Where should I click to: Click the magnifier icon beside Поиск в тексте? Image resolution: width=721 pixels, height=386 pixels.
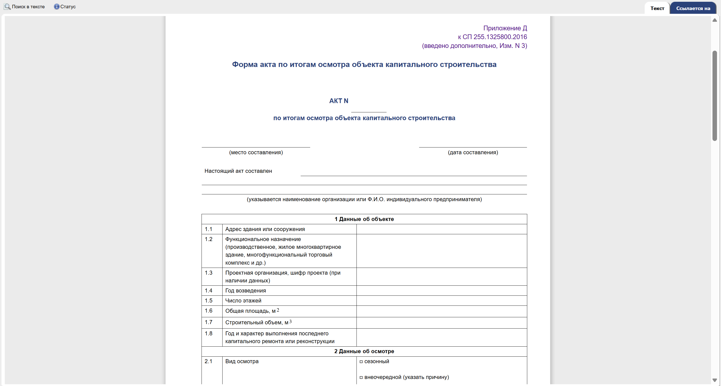click(x=7, y=7)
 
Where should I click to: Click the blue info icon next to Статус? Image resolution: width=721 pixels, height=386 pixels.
click(x=57, y=7)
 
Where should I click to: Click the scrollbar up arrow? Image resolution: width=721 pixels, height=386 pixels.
click(x=714, y=20)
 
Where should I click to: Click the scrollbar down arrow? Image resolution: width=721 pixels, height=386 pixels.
click(x=714, y=380)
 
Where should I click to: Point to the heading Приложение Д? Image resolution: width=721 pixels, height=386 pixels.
click(x=505, y=28)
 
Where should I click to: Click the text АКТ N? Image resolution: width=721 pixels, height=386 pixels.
click(x=339, y=101)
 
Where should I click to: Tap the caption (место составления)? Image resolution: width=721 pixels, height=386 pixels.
click(x=256, y=152)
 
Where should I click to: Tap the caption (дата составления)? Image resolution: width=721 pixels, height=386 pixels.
click(x=473, y=152)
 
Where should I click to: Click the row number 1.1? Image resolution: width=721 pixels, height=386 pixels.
click(x=209, y=229)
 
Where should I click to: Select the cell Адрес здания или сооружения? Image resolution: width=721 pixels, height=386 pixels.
click(x=265, y=229)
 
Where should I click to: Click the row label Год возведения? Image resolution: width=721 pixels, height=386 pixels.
click(x=245, y=291)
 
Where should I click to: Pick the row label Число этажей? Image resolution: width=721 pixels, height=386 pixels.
click(x=243, y=301)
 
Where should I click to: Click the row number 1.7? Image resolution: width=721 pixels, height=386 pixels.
click(x=209, y=322)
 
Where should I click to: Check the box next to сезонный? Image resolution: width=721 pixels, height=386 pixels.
click(x=361, y=362)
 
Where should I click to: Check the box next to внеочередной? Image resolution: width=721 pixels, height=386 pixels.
click(x=361, y=377)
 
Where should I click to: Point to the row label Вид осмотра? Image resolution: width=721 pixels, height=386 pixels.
click(x=242, y=361)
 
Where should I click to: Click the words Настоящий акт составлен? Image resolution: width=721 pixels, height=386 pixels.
click(x=238, y=171)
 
